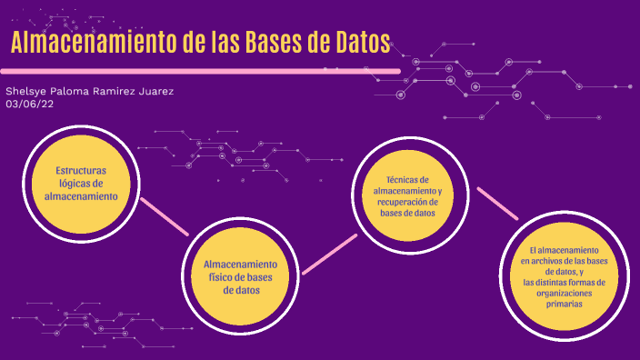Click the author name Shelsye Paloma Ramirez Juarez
coord(89,92)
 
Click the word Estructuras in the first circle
coord(81,171)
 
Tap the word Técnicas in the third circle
coord(406,179)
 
